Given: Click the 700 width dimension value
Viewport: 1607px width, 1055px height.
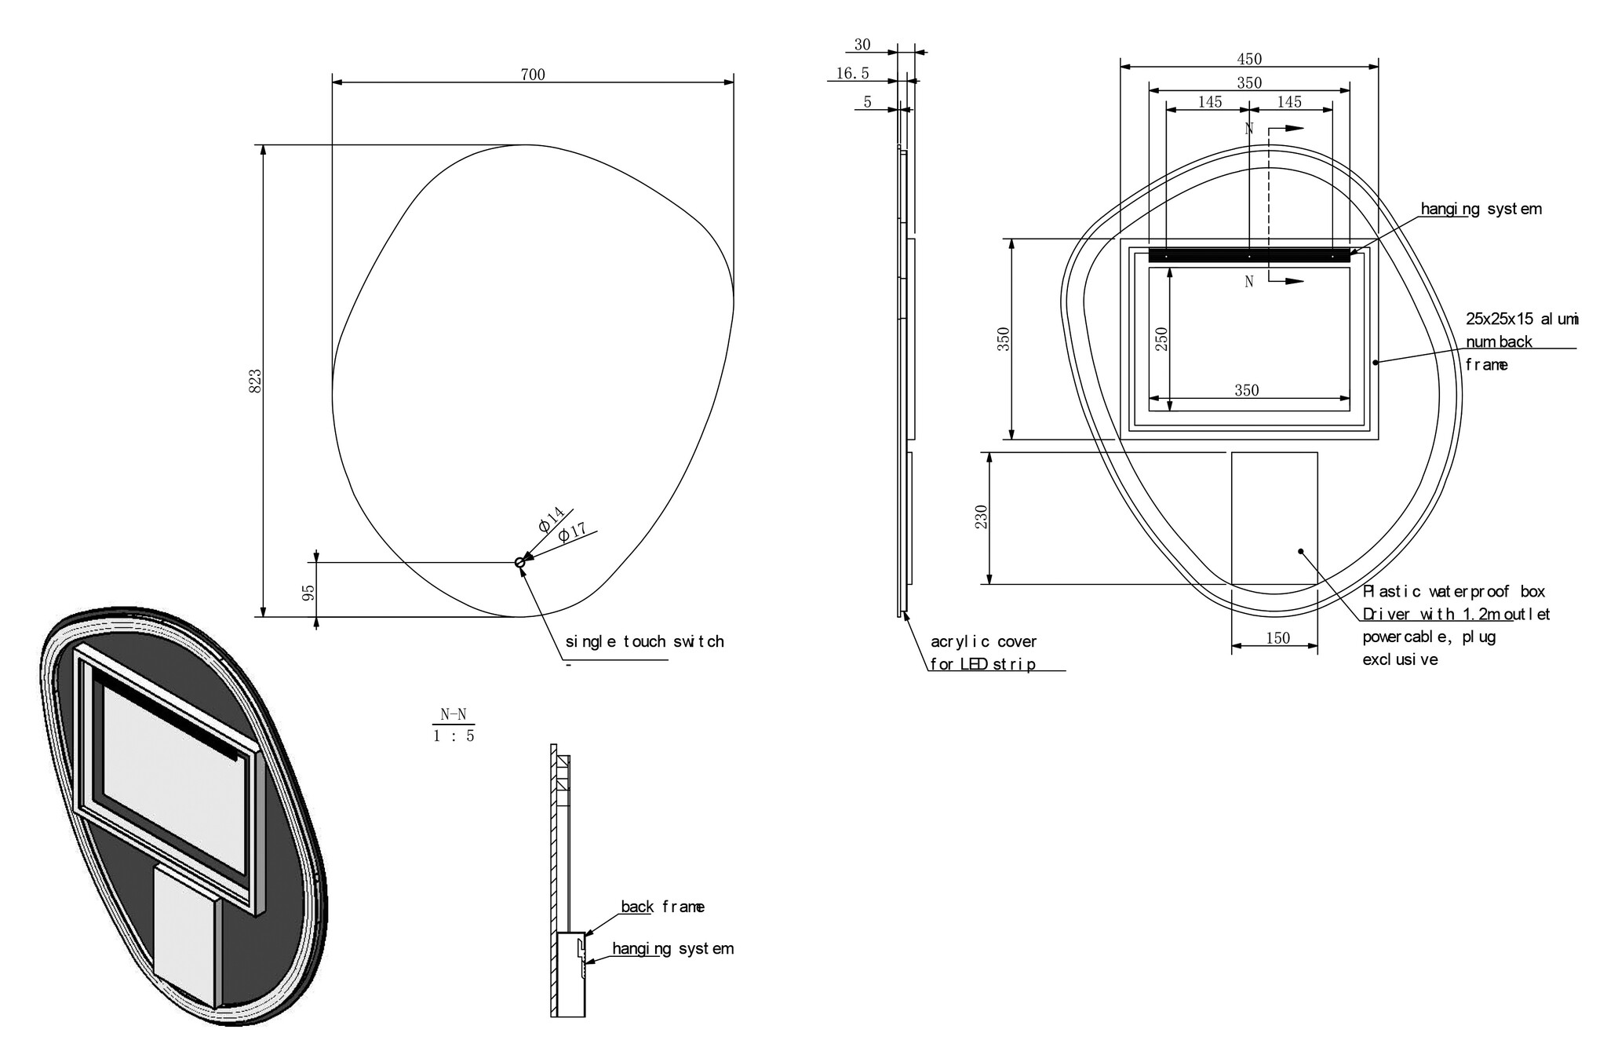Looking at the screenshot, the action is coord(533,75).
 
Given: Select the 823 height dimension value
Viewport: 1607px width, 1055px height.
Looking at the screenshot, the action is coord(255,381).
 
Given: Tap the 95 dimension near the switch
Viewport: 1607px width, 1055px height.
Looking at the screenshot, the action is coord(309,592).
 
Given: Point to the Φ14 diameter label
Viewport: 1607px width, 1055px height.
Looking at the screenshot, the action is coord(552,519).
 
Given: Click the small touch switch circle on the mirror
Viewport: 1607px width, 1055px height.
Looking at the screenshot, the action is coord(519,562).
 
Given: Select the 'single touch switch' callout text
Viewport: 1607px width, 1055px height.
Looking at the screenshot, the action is coord(644,641).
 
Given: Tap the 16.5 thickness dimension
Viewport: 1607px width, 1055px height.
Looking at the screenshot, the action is coord(853,73).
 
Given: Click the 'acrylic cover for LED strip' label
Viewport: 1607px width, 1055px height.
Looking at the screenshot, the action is coord(983,653).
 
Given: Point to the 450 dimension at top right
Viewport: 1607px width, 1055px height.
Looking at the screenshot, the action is coord(1249,59).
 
